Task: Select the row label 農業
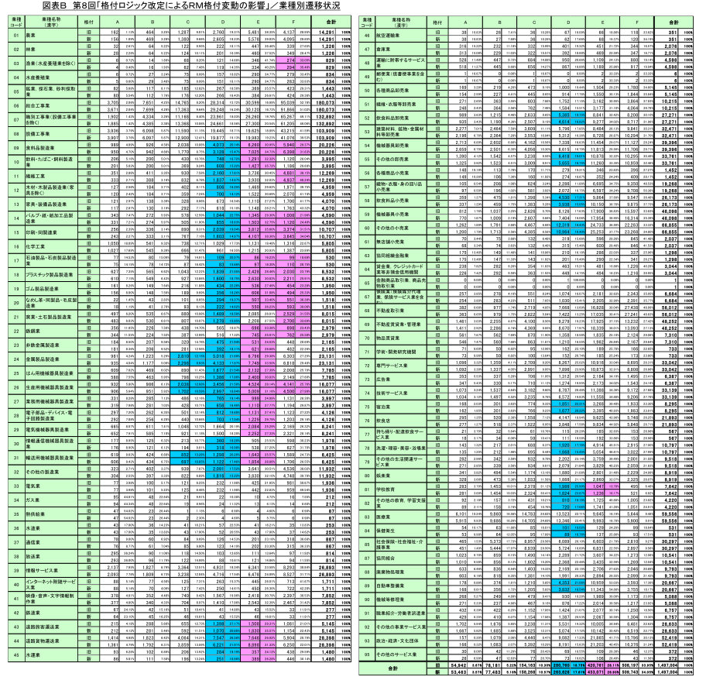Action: pyautogui.click(x=32, y=36)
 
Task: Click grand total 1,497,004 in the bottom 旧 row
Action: pyautogui.click(x=681, y=666)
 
